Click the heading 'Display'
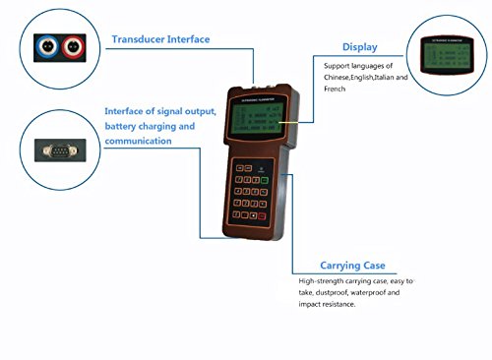click(x=359, y=46)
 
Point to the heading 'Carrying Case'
click(x=352, y=265)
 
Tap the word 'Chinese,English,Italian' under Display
click(x=360, y=77)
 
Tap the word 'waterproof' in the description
click(x=377, y=292)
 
